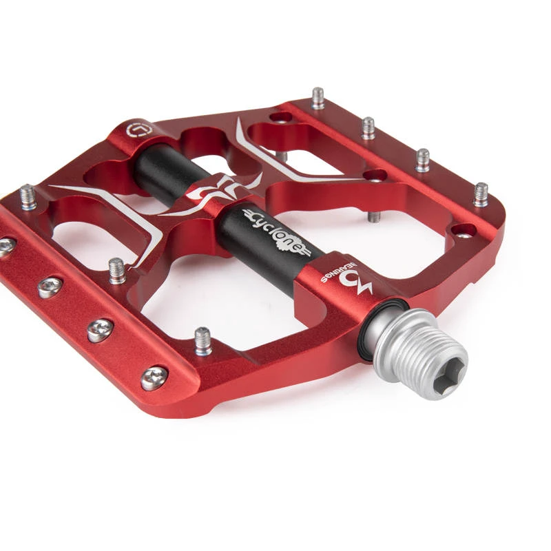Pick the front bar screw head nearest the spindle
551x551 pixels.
pyautogui.click(x=154, y=378)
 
